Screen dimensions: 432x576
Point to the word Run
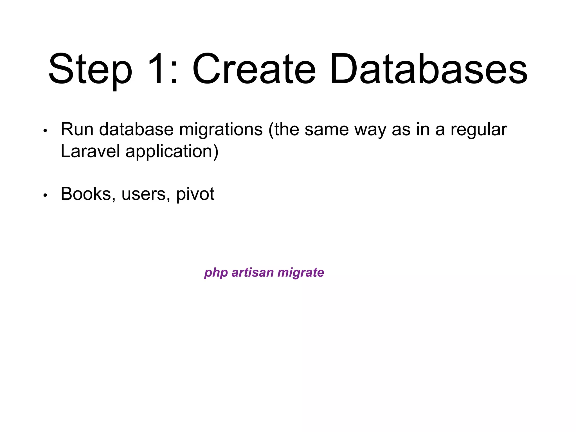click(x=77, y=130)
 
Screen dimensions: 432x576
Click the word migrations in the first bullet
click(x=221, y=130)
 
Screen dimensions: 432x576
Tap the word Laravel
click(x=90, y=151)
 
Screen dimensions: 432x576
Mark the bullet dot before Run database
click(x=45, y=131)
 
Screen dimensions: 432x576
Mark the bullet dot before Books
click(x=45, y=195)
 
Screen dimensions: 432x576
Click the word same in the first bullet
click(x=326, y=130)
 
